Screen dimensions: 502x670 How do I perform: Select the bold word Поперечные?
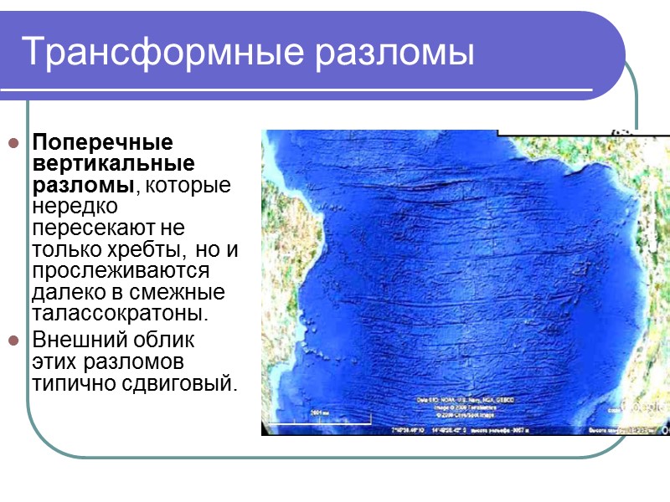[x=102, y=141]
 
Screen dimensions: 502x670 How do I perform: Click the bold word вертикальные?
[x=113, y=162]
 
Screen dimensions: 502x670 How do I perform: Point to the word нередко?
[x=75, y=206]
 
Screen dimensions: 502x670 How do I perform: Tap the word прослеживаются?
[x=119, y=271]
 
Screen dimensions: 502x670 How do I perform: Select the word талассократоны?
[x=119, y=315]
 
